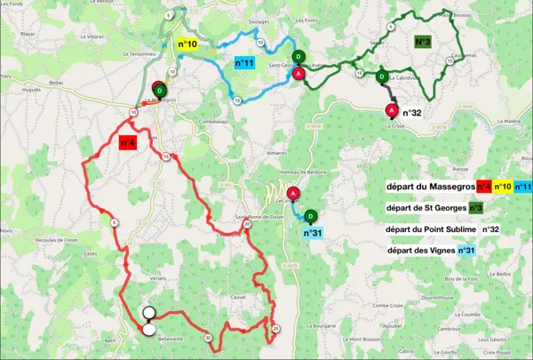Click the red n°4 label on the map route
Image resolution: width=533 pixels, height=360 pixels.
coord(125,144)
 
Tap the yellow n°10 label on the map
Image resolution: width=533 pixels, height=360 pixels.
coord(187,44)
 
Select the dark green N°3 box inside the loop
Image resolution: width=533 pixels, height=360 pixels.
coord(424,42)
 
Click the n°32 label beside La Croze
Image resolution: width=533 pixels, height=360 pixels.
coord(412,113)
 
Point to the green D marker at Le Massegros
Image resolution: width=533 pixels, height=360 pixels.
coord(159,90)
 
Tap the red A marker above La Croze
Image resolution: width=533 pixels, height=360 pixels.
coord(391,109)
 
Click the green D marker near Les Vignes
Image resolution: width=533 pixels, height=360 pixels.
coord(310,216)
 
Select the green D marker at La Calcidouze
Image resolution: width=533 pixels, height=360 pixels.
coord(381,77)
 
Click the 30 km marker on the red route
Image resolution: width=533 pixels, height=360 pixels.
coord(207,338)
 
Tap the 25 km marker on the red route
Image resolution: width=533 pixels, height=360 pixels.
coord(276,329)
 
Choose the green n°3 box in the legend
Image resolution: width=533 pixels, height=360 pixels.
coord(475,208)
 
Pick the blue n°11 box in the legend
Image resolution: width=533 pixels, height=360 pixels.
coord(522,187)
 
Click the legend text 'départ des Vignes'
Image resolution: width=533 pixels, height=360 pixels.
coord(420,252)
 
